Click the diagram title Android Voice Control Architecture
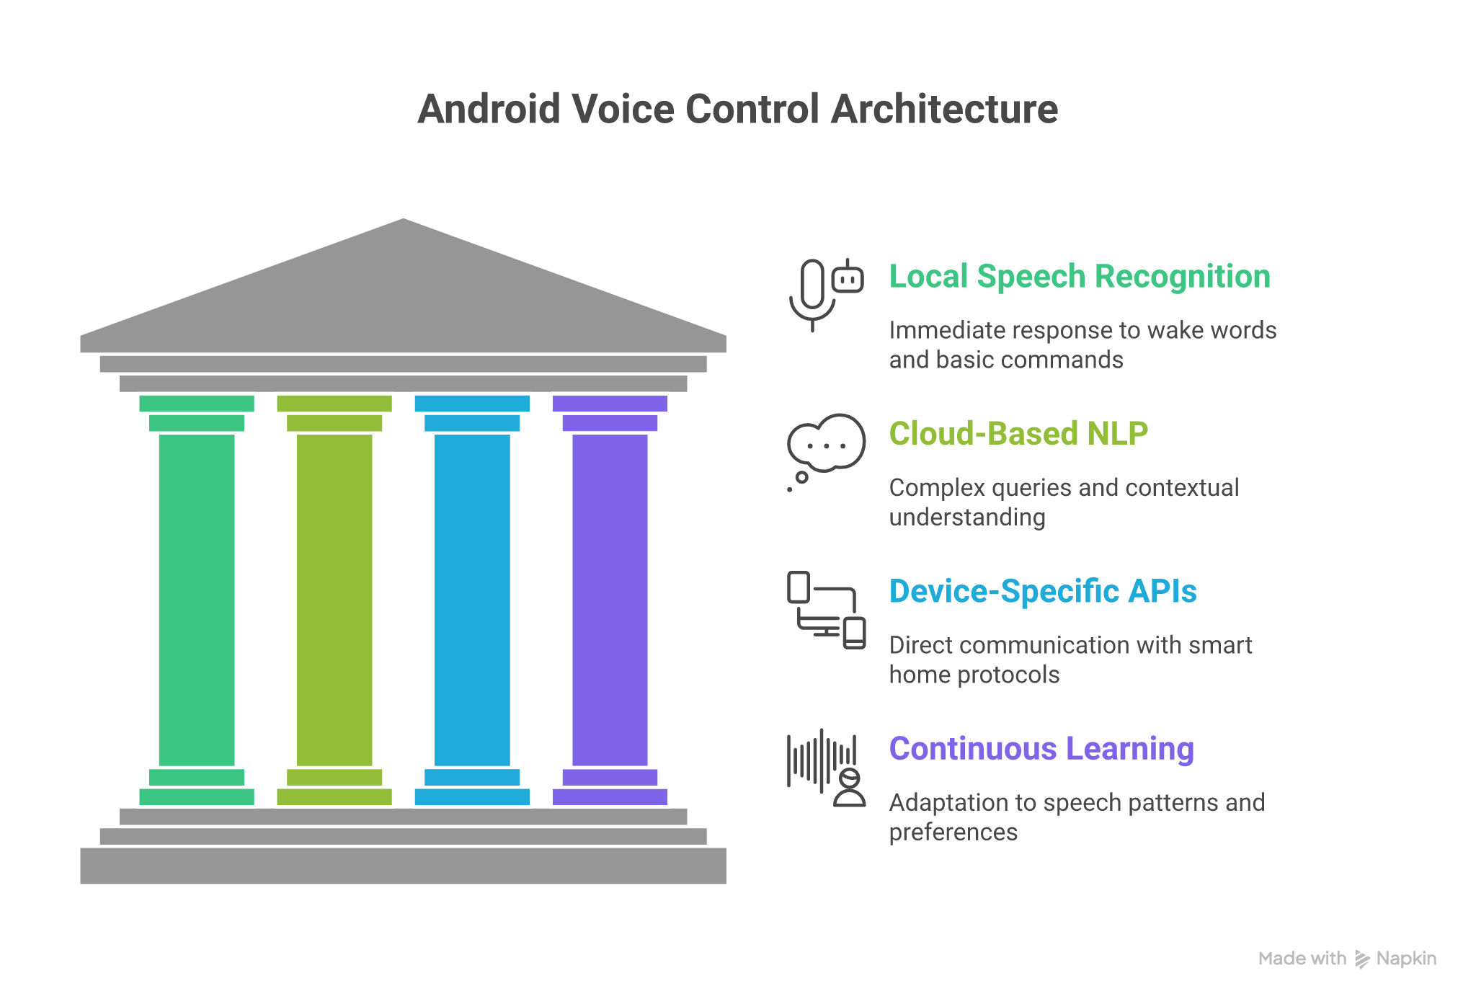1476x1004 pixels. tap(737, 110)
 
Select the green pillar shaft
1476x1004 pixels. tap(197, 598)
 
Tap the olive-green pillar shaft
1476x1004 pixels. tap(334, 598)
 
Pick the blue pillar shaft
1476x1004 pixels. tap(472, 598)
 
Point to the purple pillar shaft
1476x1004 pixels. tap(610, 598)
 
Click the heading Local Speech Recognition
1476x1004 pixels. tap(1079, 277)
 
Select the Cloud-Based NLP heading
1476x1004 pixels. tap(1018, 434)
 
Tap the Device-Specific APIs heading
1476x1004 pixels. tap(1042, 592)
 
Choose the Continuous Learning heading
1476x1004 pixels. tap(1041, 749)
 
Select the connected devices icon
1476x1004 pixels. tap(826, 610)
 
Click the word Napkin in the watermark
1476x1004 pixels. tap(1406, 959)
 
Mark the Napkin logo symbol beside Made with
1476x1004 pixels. tap(1361, 959)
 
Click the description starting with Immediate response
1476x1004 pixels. tap(1082, 345)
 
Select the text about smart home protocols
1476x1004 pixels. tap(1070, 659)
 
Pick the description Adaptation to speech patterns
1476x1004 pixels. tap(1076, 817)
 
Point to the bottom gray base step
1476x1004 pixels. tap(404, 866)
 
